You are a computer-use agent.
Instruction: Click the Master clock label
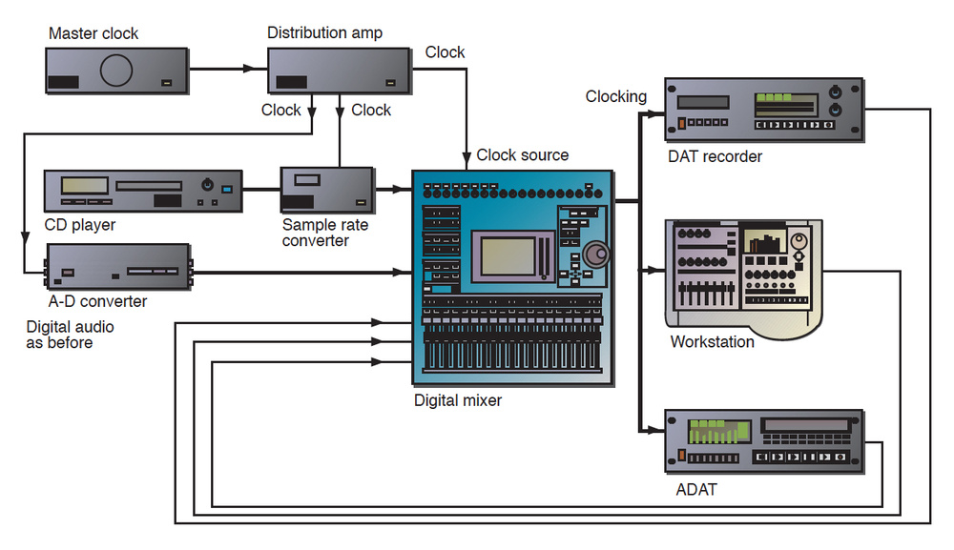point(93,34)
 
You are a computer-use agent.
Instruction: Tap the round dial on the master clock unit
point(118,71)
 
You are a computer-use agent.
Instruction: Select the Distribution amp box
point(340,70)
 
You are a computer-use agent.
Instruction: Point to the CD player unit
point(143,190)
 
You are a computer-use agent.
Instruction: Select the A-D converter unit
point(118,268)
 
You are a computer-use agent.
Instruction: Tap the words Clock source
point(522,154)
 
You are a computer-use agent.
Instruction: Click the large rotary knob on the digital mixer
point(598,255)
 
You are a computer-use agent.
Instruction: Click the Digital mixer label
point(458,400)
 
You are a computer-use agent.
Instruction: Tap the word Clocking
point(615,96)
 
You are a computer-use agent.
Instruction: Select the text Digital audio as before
point(59,334)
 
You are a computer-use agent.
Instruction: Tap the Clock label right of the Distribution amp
point(445,52)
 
